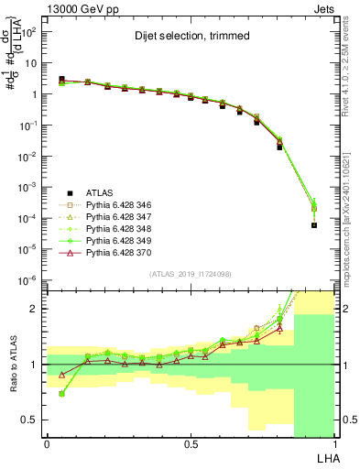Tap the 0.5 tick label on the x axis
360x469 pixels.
click(x=191, y=444)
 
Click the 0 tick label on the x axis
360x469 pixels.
click(x=47, y=444)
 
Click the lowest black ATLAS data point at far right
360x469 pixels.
click(x=313, y=224)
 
